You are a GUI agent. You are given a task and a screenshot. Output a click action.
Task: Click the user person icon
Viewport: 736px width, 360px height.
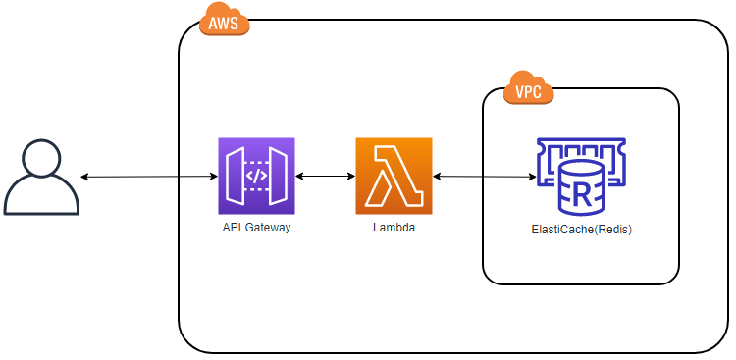coord(41,178)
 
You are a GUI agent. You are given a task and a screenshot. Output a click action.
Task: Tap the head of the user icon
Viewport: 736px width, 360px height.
coord(42,159)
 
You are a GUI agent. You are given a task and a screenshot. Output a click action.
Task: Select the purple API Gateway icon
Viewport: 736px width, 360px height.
coord(256,176)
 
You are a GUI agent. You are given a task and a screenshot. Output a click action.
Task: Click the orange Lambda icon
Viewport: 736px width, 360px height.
coord(394,176)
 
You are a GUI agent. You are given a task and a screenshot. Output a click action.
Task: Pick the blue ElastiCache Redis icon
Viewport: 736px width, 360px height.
coord(581,177)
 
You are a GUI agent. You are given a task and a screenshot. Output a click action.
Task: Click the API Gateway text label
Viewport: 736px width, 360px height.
coord(256,229)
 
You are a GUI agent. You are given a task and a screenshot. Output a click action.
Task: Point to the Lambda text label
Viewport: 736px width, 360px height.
coord(394,229)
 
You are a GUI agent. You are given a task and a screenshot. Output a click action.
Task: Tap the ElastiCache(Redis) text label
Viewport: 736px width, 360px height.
coord(582,230)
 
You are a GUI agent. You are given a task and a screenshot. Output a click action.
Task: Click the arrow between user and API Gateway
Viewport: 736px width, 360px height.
coord(149,177)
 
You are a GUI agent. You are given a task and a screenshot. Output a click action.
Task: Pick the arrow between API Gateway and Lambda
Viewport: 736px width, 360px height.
coord(325,176)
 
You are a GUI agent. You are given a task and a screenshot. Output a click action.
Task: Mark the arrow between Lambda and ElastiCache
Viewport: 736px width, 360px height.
coord(485,177)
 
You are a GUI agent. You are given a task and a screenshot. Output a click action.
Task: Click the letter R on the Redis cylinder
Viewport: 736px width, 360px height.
coord(581,194)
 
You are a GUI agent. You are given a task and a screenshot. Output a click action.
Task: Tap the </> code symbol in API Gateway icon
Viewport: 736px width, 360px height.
coord(257,176)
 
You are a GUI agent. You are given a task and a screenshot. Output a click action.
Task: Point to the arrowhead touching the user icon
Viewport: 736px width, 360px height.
coord(84,177)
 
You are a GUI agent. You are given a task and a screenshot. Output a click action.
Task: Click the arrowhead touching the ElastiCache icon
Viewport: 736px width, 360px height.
coord(533,177)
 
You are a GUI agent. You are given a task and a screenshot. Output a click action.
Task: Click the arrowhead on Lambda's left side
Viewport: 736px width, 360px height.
coord(351,176)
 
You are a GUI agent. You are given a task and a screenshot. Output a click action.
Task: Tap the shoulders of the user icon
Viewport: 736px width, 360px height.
coord(41,197)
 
